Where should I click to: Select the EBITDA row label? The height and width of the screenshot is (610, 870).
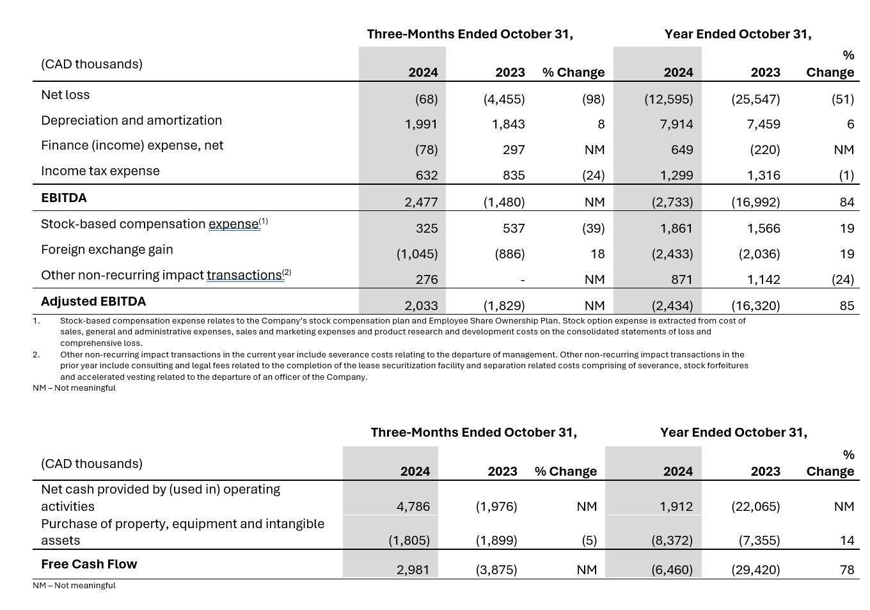[63, 198]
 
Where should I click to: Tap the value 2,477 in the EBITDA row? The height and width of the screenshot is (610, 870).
[421, 202]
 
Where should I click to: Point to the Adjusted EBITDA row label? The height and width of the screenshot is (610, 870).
[93, 301]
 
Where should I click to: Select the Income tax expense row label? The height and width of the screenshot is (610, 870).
[100, 171]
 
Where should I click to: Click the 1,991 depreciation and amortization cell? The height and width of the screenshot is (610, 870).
[421, 124]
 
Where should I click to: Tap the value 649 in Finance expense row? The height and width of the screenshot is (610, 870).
[682, 150]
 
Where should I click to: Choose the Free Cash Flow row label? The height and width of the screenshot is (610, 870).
[89, 564]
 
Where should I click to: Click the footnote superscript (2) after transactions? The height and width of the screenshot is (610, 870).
[287, 272]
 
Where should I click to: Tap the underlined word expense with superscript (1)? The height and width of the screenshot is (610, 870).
[233, 224]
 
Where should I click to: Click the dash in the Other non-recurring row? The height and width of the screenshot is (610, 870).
[523, 280]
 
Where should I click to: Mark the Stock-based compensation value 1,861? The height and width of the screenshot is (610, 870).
[676, 228]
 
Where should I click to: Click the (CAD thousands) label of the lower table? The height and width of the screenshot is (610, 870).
[91, 464]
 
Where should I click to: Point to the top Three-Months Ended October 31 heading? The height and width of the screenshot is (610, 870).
[470, 34]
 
